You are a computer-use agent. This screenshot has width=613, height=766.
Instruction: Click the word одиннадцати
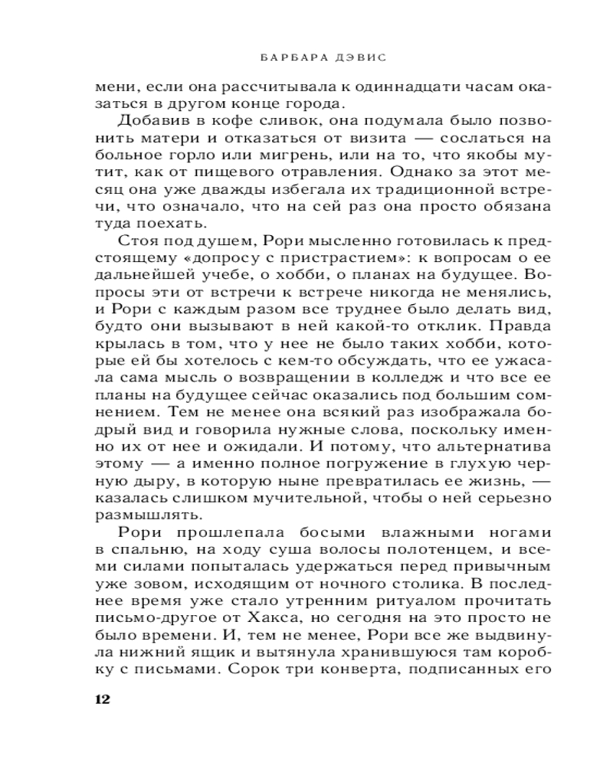click(372, 86)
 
